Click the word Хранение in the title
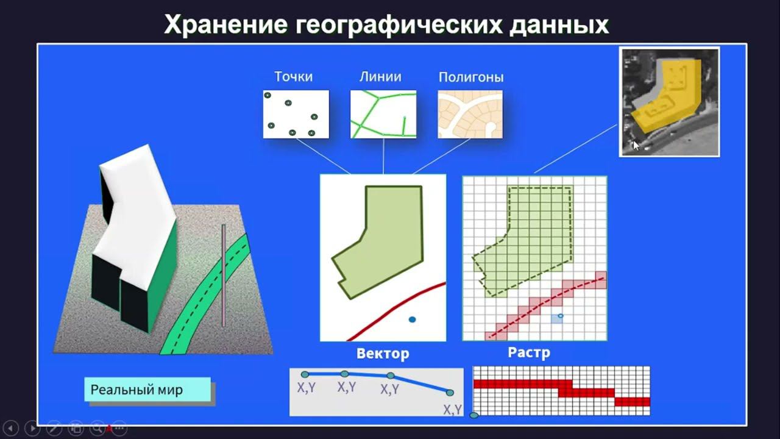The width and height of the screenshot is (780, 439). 225,25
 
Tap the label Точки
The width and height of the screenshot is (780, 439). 293,77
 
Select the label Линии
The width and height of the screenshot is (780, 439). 380,77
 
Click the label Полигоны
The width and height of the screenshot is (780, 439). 471,77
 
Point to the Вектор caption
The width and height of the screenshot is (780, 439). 383,354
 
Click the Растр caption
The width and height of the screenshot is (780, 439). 529,352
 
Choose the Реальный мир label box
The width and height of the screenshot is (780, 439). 147,390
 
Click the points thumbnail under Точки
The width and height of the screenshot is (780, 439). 296,114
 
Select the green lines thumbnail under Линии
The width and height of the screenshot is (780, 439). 383,114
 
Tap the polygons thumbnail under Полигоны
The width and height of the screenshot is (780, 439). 470,114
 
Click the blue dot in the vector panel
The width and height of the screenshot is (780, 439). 413,319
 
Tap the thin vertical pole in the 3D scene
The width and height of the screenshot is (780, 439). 224,274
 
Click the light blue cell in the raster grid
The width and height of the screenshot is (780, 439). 556,319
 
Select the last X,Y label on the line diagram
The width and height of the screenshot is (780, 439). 452,409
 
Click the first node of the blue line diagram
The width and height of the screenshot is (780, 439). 305,374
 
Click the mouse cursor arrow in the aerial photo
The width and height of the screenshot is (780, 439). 635,144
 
